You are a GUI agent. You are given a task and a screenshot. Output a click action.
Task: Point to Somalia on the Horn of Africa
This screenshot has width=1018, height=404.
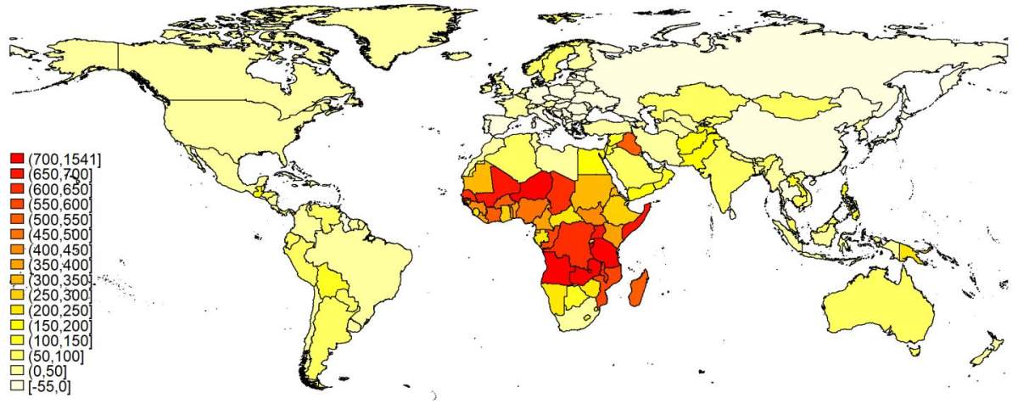[638, 222]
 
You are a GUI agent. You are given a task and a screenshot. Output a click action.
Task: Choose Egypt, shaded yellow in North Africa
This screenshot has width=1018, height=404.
[590, 160]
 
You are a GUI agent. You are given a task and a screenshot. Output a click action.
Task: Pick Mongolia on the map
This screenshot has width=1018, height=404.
[793, 106]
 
